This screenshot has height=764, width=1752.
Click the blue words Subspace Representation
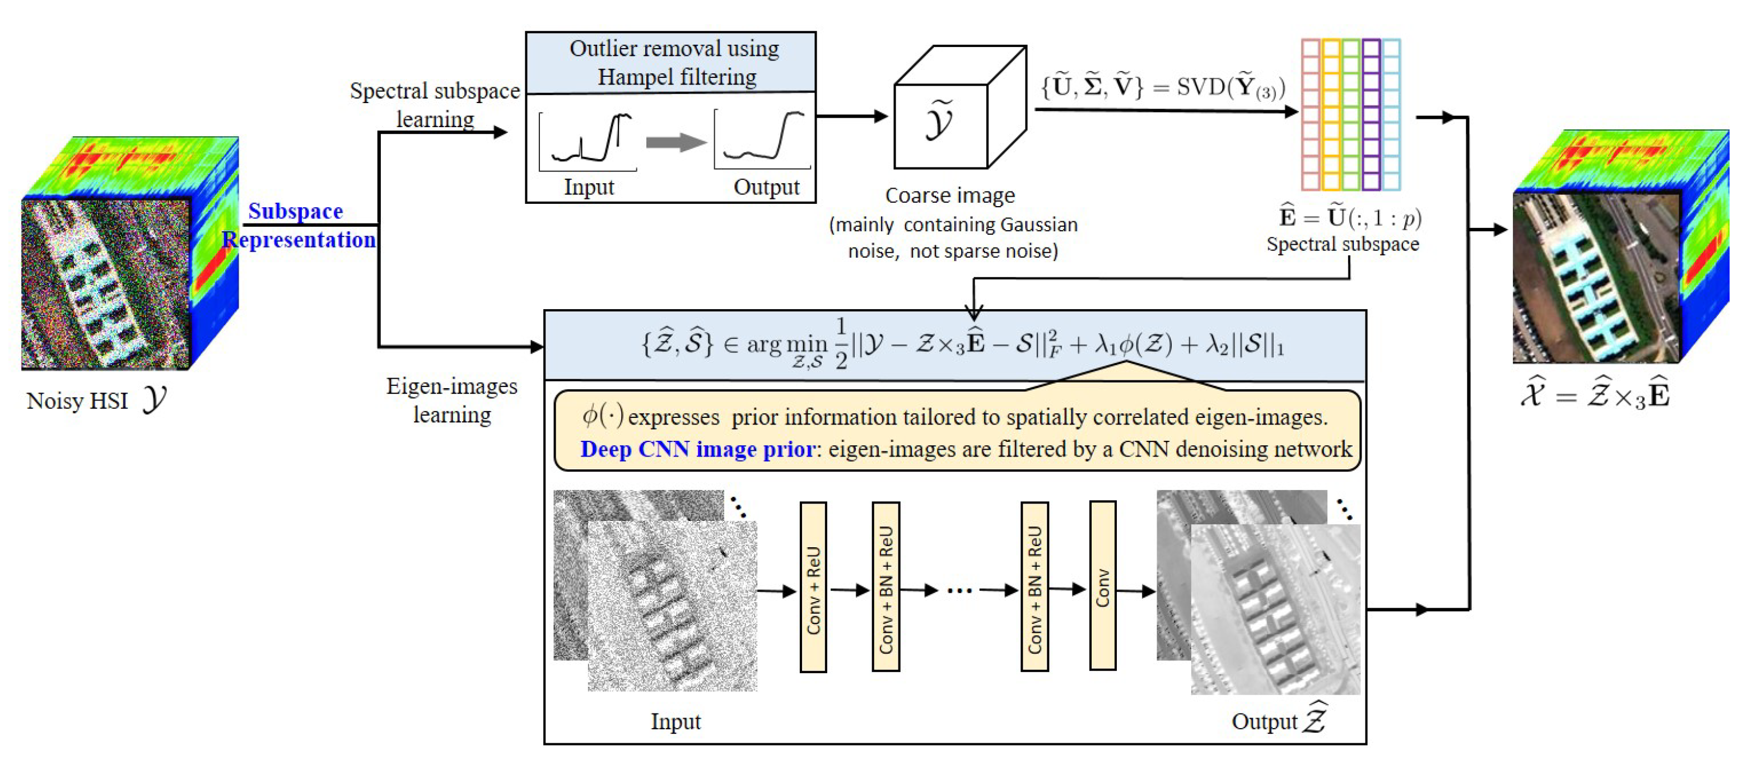click(x=298, y=225)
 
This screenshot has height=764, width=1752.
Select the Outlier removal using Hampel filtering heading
click(x=673, y=62)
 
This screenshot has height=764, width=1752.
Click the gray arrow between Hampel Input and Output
click(x=675, y=142)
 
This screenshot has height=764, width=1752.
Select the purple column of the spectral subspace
click(x=1371, y=114)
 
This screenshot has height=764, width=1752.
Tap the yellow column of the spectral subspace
click(x=1331, y=114)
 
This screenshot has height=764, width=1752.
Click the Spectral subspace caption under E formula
click(x=1343, y=244)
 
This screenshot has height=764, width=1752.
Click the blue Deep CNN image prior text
click(x=697, y=449)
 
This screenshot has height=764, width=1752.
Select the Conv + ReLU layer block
click(x=813, y=587)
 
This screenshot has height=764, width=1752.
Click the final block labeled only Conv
click(x=1102, y=586)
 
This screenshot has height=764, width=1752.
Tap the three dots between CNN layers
click(x=959, y=590)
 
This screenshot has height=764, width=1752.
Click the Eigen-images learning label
click(x=453, y=400)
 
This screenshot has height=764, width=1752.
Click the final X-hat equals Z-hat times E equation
click(x=1596, y=394)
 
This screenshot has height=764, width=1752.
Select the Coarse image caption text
click(x=949, y=195)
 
